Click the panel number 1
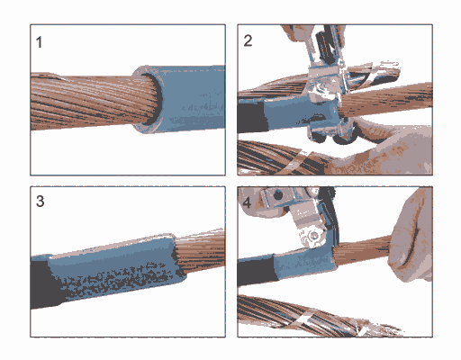(39, 42)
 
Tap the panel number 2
(248, 40)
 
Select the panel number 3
(41, 201)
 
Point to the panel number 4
(247, 202)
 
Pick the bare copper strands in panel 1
(90, 101)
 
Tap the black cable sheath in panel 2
(251, 118)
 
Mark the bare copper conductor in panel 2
(387, 101)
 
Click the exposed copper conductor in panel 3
(201, 250)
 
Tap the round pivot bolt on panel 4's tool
(313, 236)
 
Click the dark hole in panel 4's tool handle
(278, 195)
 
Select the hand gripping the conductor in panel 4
(411, 237)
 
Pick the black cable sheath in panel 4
(257, 272)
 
